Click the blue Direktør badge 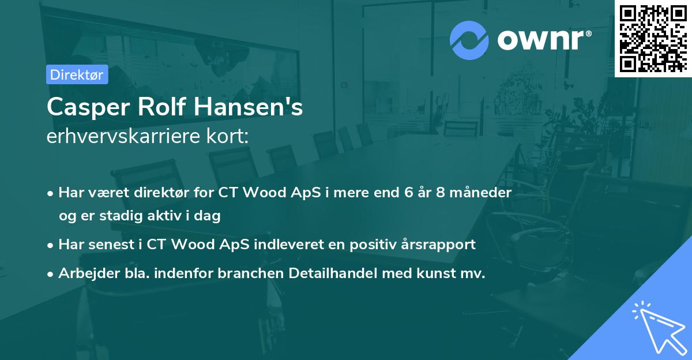point(77,74)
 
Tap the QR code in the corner point(653,38)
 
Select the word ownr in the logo point(544,39)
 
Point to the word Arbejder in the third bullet point(84,273)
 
